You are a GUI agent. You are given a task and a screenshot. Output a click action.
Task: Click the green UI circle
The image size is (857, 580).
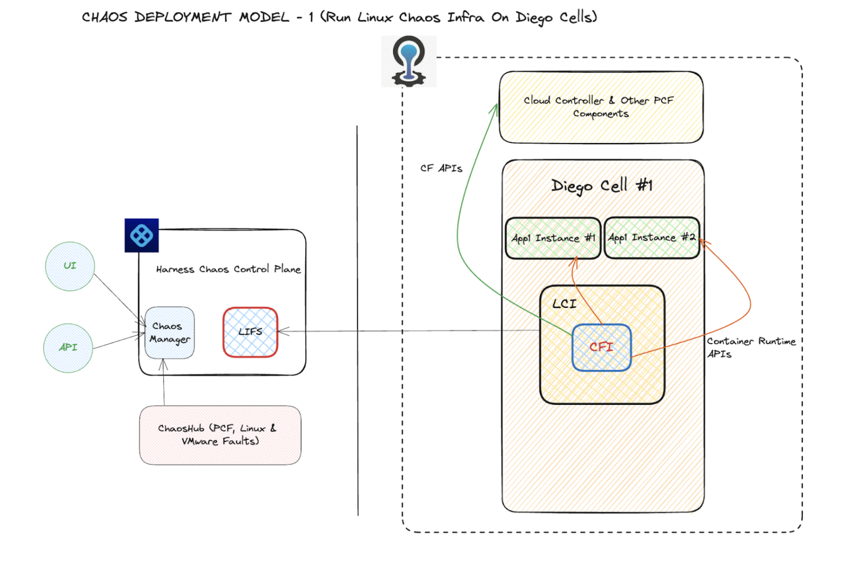tap(70, 266)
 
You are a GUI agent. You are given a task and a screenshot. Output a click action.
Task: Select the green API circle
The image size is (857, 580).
tap(68, 348)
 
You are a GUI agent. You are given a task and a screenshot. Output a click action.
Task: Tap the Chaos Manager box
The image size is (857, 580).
tap(169, 333)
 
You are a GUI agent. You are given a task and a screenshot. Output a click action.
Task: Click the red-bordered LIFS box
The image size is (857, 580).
tap(250, 332)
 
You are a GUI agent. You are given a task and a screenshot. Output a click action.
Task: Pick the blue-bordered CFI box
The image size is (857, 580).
tap(602, 347)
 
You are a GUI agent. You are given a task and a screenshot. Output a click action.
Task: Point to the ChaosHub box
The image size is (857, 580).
tap(220, 435)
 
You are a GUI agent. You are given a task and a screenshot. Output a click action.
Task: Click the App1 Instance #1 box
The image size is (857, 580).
tap(553, 238)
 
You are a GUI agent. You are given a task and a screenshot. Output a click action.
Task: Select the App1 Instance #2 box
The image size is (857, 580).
tap(652, 238)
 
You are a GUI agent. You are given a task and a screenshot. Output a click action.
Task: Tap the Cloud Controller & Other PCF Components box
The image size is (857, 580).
tap(601, 107)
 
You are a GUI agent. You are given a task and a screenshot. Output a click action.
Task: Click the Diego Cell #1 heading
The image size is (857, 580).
tap(602, 186)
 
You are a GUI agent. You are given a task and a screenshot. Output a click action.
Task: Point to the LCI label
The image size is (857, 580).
tap(564, 304)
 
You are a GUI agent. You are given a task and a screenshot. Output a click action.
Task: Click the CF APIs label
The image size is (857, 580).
tap(441, 168)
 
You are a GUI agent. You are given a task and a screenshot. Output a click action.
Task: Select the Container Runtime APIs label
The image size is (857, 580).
tap(750, 347)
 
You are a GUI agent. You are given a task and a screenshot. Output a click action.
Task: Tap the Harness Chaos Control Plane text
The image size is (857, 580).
tap(228, 270)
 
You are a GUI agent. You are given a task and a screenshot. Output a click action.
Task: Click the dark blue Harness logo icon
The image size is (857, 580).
tap(142, 236)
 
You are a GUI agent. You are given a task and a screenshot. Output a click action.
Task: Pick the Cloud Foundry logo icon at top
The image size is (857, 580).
tap(409, 61)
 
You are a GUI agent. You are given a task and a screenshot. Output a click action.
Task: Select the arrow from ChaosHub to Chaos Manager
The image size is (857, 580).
tap(164, 384)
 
